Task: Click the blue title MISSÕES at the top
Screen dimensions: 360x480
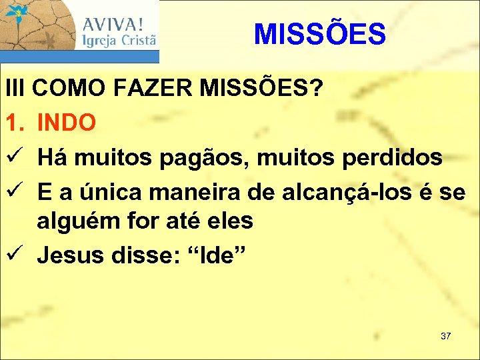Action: click(x=319, y=34)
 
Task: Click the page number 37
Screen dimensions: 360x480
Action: click(x=445, y=335)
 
